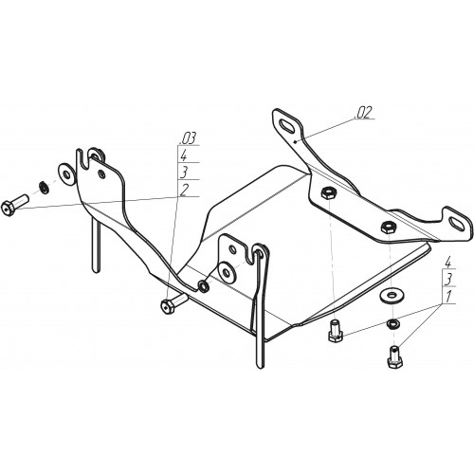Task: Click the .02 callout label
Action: click(364, 113)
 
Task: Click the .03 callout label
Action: click(188, 137)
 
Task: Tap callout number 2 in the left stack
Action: click(185, 190)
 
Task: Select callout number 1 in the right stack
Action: click(447, 297)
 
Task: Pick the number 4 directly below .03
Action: click(184, 155)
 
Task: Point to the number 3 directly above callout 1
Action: click(448, 280)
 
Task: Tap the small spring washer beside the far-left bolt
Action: click(44, 188)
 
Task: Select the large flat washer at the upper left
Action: click(66, 174)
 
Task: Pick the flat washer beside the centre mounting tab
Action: click(228, 272)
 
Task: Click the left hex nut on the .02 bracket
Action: click(328, 192)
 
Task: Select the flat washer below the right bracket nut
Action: click(392, 296)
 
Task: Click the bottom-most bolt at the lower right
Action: click(394, 357)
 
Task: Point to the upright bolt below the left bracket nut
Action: click(336, 331)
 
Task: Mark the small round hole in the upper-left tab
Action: click(101, 174)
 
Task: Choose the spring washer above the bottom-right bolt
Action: click(392, 323)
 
